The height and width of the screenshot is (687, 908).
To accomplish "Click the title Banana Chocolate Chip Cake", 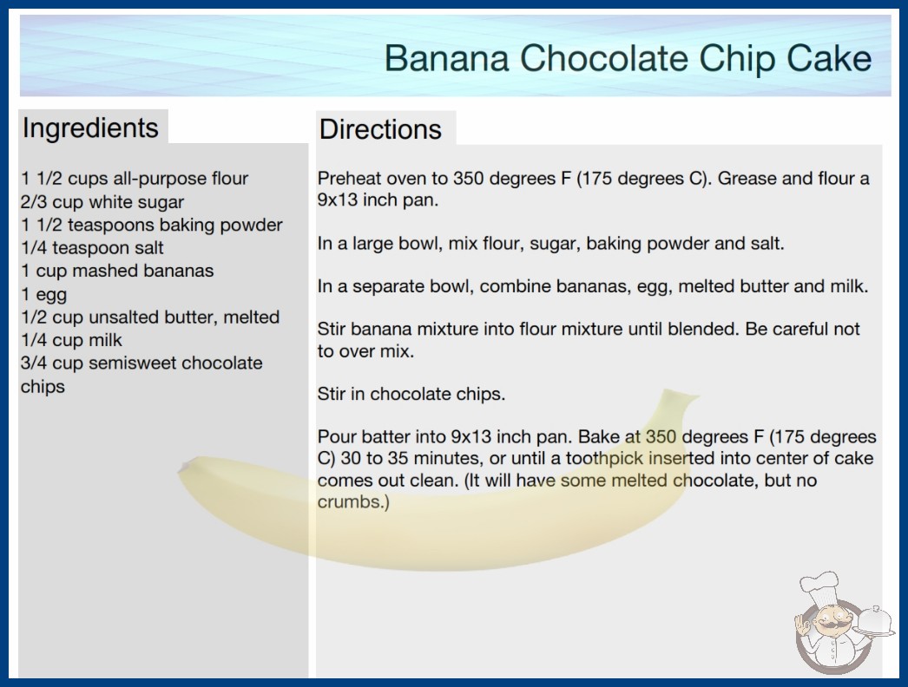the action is click(x=628, y=58).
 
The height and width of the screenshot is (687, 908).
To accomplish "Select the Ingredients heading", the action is click(x=90, y=128).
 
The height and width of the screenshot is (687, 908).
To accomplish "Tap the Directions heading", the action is click(x=380, y=129).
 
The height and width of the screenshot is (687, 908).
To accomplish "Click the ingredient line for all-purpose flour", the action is click(x=135, y=179).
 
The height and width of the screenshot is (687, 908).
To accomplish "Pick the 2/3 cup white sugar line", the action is click(x=102, y=202).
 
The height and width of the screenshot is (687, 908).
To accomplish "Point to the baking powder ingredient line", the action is click(x=152, y=225).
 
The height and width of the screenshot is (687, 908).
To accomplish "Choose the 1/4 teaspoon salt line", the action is click(x=92, y=248).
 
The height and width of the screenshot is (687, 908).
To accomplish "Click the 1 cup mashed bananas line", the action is click(x=117, y=271).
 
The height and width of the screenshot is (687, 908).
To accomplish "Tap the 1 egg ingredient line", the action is click(x=44, y=295).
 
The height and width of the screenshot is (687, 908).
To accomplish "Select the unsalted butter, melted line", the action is click(x=150, y=317).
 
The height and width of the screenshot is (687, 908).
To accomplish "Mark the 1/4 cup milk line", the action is click(x=71, y=340).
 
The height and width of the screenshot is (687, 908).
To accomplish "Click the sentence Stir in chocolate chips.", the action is click(x=411, y=394).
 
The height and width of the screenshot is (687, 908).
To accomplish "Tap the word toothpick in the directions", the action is click(x=604, y=459).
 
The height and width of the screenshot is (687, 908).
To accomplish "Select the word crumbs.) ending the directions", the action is click(x=353, y=501).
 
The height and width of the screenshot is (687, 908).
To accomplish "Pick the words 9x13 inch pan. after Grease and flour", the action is click(x=378, y=200).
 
